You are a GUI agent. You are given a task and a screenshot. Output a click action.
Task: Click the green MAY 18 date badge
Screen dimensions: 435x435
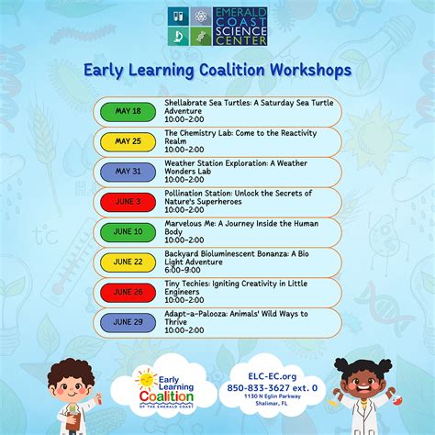pos(129,111)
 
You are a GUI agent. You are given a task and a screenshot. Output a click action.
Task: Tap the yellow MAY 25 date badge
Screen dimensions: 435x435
pos(129,141)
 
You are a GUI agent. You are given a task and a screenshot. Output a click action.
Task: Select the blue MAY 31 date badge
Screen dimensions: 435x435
pos(129,172)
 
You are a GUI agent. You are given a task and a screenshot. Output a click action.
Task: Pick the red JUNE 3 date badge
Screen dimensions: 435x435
pos(129,202)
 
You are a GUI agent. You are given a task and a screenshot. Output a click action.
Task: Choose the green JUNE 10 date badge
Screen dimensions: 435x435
pos(129,232)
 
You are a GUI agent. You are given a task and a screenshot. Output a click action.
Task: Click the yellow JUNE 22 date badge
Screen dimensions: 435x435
pos(129,262)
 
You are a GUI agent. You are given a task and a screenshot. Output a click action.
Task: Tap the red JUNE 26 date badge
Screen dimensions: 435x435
pos(129,292)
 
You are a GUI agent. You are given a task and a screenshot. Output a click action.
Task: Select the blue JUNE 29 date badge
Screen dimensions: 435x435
pos(129,322)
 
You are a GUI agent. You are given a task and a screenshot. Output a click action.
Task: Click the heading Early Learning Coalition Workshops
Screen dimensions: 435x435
pos(217,70)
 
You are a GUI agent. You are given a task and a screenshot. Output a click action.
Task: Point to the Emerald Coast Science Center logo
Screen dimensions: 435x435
pos(217,26)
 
